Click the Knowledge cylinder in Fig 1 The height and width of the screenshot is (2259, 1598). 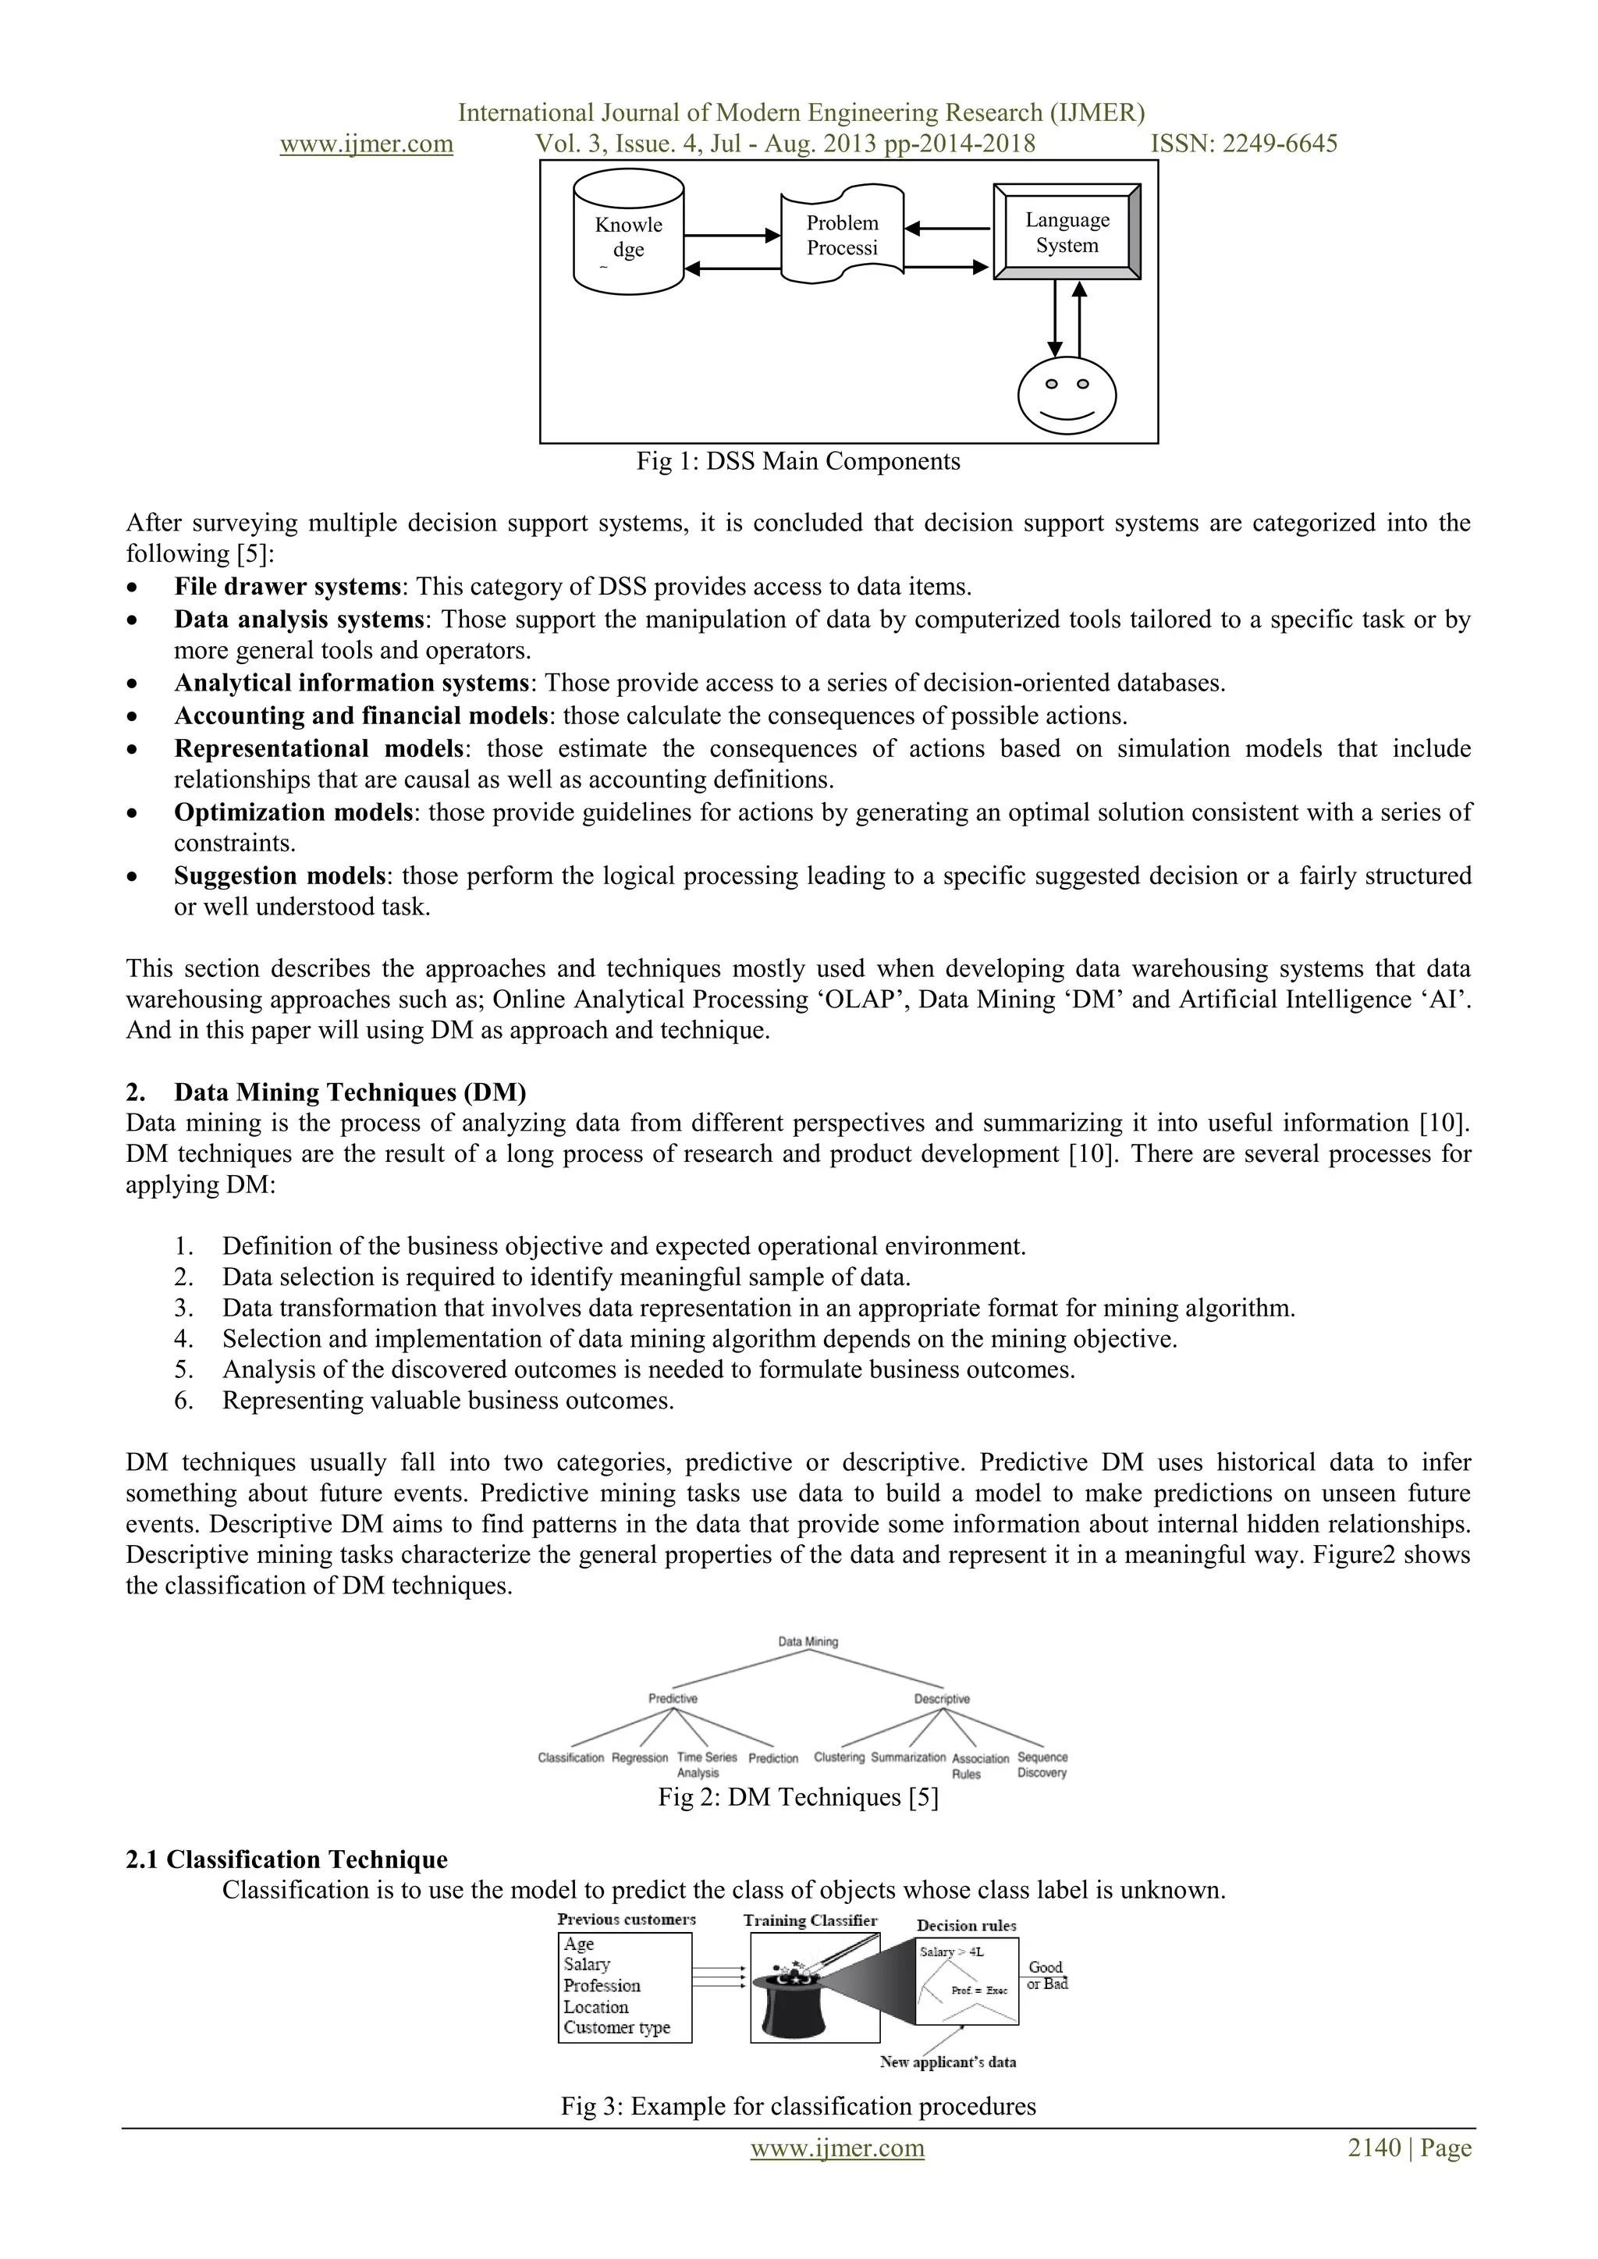[x=628, y=233]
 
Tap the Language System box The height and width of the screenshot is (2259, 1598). [x=1067, y=233]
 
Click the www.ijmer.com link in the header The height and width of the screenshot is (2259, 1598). [x=366, y=144]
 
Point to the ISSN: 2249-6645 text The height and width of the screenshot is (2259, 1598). [x=1244, y=144]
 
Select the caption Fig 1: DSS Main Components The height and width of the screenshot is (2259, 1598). [x=798, y=461]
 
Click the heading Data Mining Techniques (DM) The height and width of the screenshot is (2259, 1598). [x=350, y=1092]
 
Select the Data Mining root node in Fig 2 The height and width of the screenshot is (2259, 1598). [x=808, y=1641]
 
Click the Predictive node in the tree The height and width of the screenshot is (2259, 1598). [x=673, y=1698]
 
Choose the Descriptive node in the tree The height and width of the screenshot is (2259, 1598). [x=942, y=1698]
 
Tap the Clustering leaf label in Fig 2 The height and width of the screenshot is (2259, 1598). [x=840, y=1757]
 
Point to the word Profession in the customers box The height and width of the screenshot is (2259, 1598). [x=602, y=1985]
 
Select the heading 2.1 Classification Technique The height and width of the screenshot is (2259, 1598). [x=286, y=1859]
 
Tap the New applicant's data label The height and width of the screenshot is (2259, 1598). [x=947, y=2062]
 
